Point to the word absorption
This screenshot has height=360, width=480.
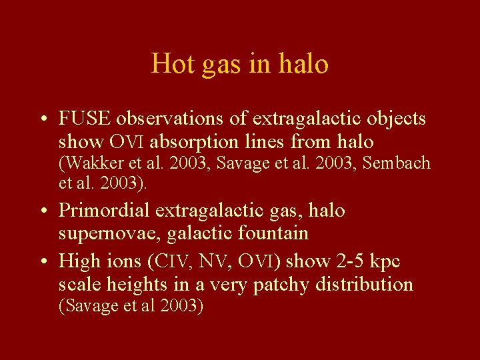[x=208, y=141]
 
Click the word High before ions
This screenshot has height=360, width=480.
[x=78, y=260]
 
